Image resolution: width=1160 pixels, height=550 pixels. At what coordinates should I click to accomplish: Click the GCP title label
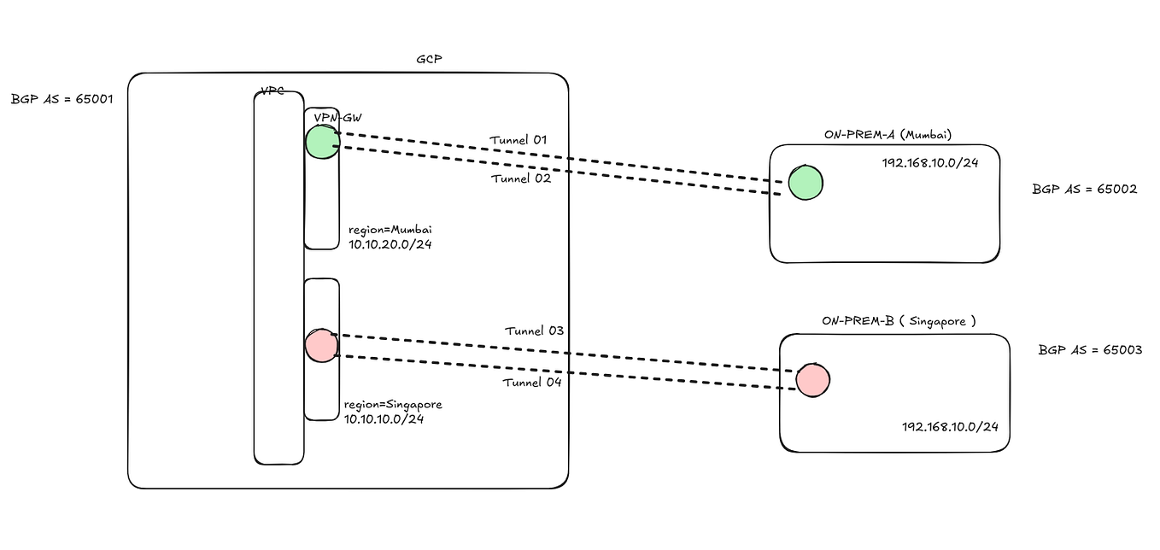pyautogui.click(x=429, y=60)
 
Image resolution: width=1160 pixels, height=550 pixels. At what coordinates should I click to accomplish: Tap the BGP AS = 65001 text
pyautogui.click(x=62, y=99)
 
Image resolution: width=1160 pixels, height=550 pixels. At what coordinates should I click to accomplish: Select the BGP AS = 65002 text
pyautogui.click(x=1084, y=190)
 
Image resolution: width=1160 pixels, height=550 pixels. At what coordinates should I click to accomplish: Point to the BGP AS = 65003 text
pyautogui.click(x=1090, y=350)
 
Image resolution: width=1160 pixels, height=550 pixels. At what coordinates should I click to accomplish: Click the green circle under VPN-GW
pyautogui.click(x=322, y=142)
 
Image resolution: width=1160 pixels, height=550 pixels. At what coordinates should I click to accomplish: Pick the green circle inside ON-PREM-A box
pyautogui.click(x=805, y=183)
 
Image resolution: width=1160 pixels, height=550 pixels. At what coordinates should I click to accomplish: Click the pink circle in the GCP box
pyautogui.click(x=321, y=345)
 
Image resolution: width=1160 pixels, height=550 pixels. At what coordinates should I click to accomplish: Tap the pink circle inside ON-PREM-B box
pyautogui.click(x=812, y=379)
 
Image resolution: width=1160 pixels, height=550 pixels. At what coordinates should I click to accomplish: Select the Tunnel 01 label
pyautogui.click(x=518, y=139)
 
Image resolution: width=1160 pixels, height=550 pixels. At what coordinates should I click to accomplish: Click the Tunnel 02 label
pyautogui.click(x=521, y=178)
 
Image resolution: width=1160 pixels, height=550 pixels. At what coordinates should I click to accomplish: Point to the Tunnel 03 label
pyautogui.click(x=534, y=331)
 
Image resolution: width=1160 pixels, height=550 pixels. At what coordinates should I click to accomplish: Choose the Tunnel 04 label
pyautogui.click(x=531, y=382)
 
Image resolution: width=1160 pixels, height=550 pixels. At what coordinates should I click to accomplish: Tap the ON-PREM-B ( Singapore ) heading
pyautogui.click(x=898, y=321)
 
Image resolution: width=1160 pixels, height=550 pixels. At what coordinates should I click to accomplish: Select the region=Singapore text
pyautogui.click(x=393, y=405)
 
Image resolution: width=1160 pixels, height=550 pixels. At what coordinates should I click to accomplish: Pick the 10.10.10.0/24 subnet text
pyautogui.click(x=384, y=418)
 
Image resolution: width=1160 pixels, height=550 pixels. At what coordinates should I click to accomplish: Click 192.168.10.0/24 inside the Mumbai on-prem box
pyautogui.click(x=929, y=162)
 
